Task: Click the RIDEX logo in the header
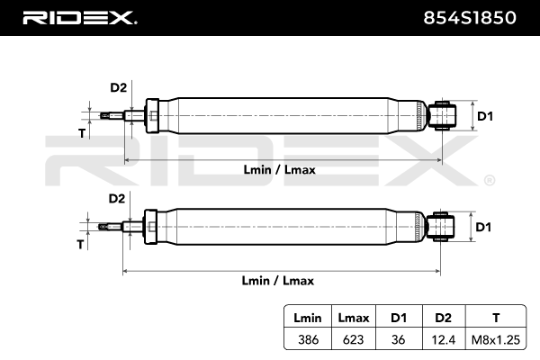[78, 17]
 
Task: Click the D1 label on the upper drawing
[484, 116]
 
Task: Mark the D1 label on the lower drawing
[484, 227]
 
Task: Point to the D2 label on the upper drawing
[118, 88]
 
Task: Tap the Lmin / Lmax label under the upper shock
[279, 169]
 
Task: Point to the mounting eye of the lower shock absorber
[444, 227]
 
